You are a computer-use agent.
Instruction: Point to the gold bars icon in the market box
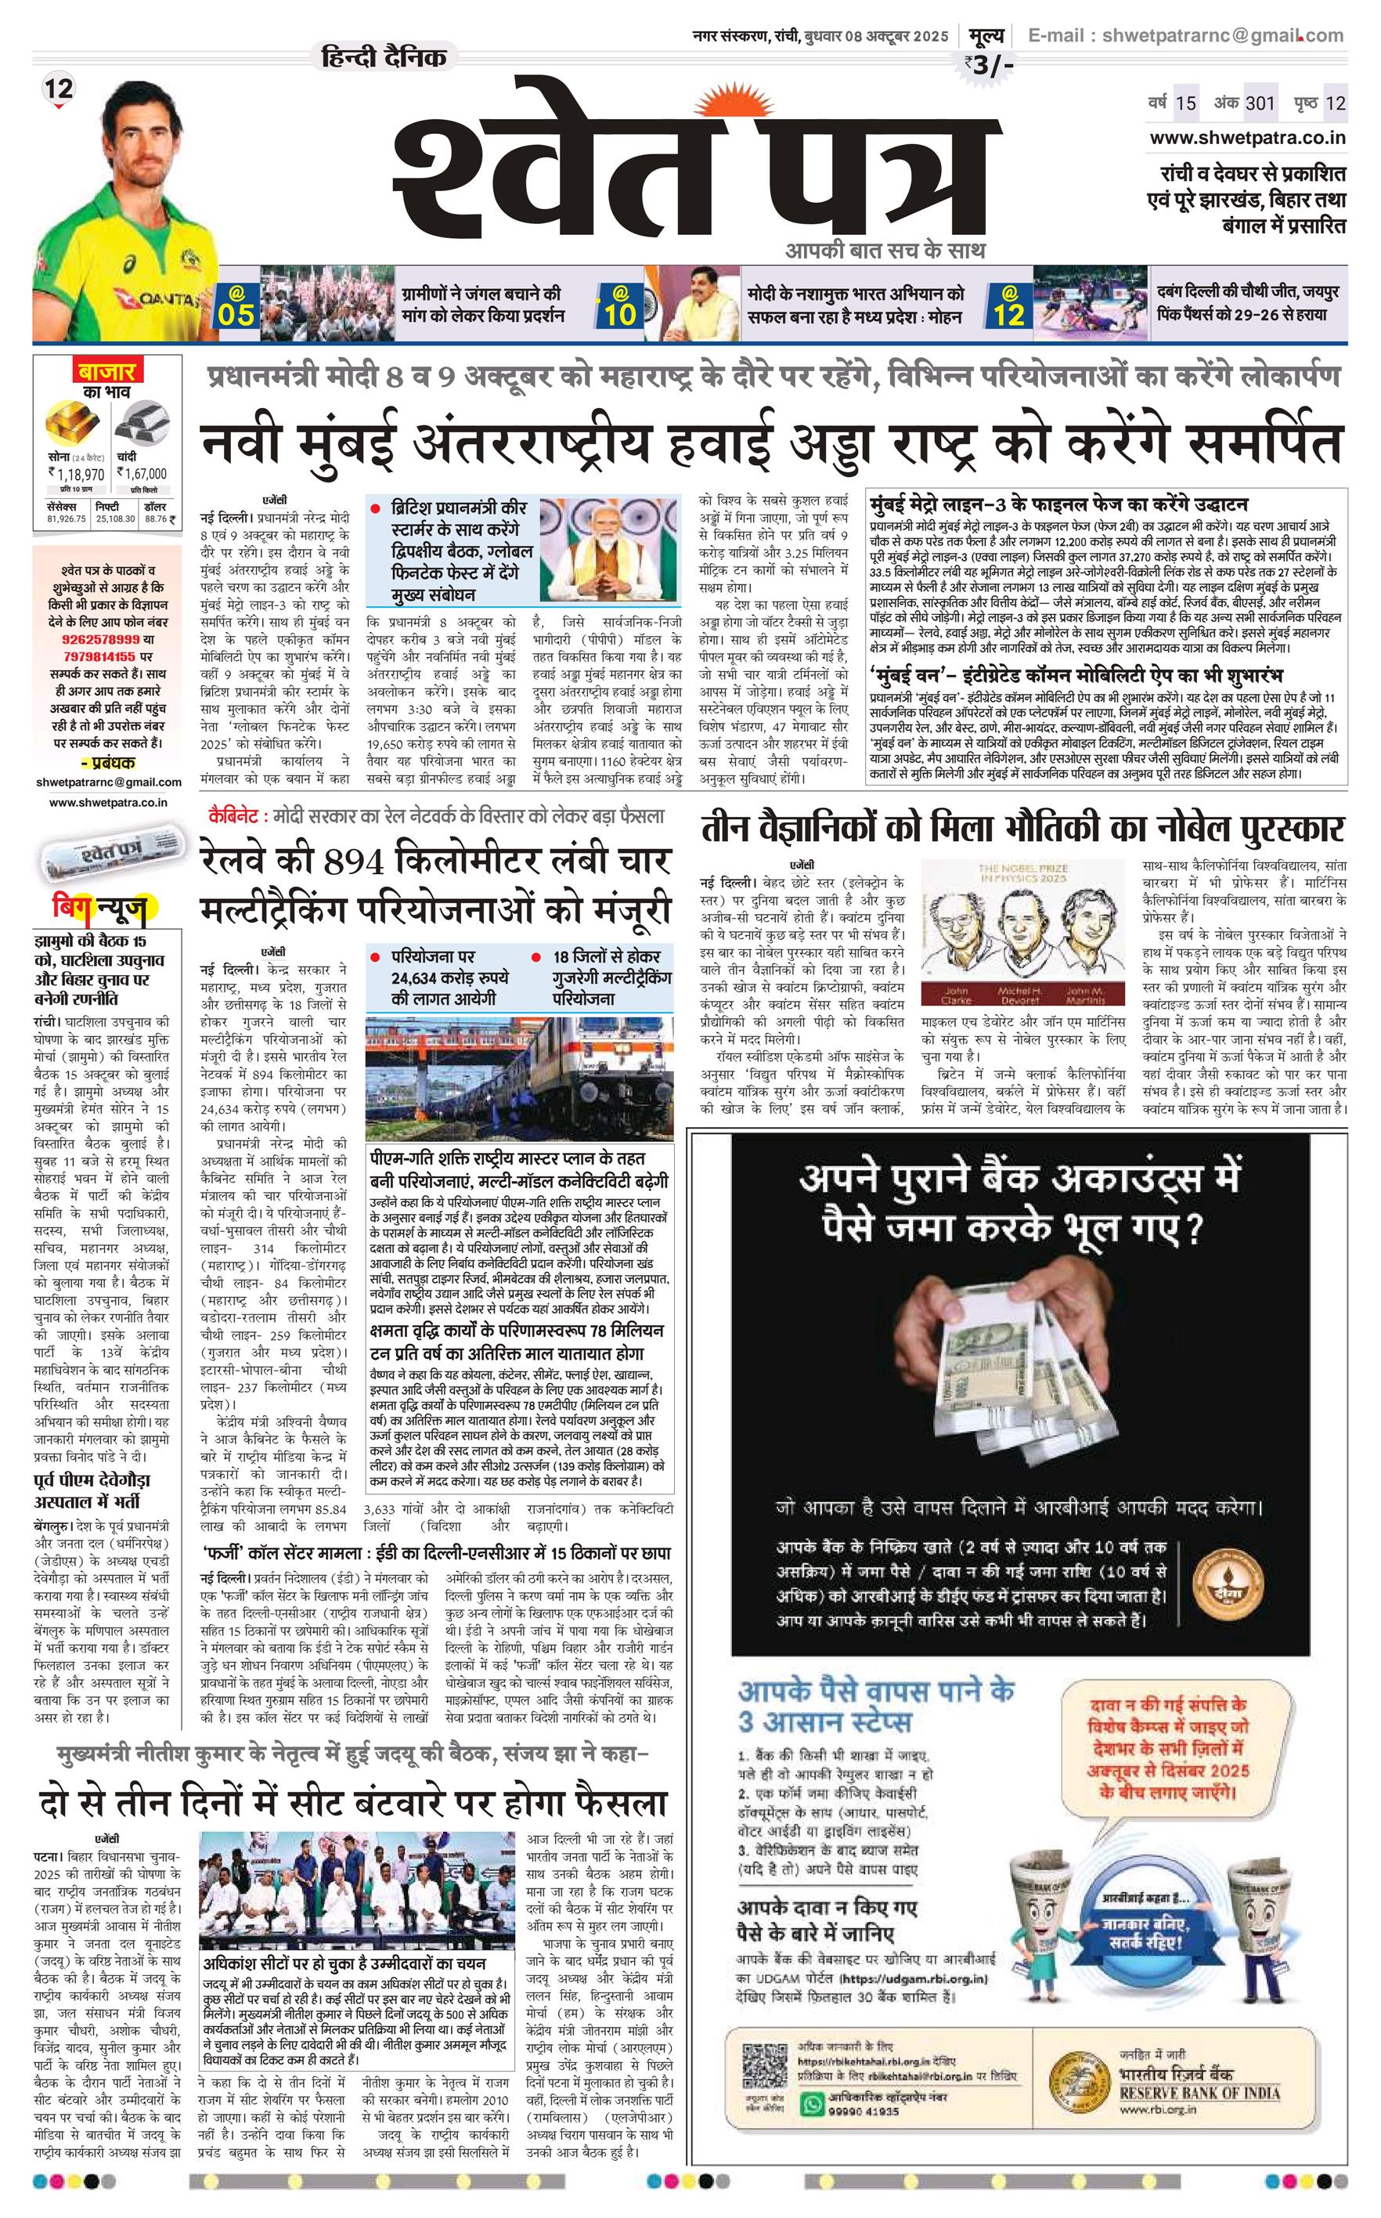pos(76,423)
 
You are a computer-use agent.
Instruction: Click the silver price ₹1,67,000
pos(142,473)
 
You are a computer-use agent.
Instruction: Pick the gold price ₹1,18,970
pos(76,473)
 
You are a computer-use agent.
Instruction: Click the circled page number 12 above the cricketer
pos(59,89)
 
